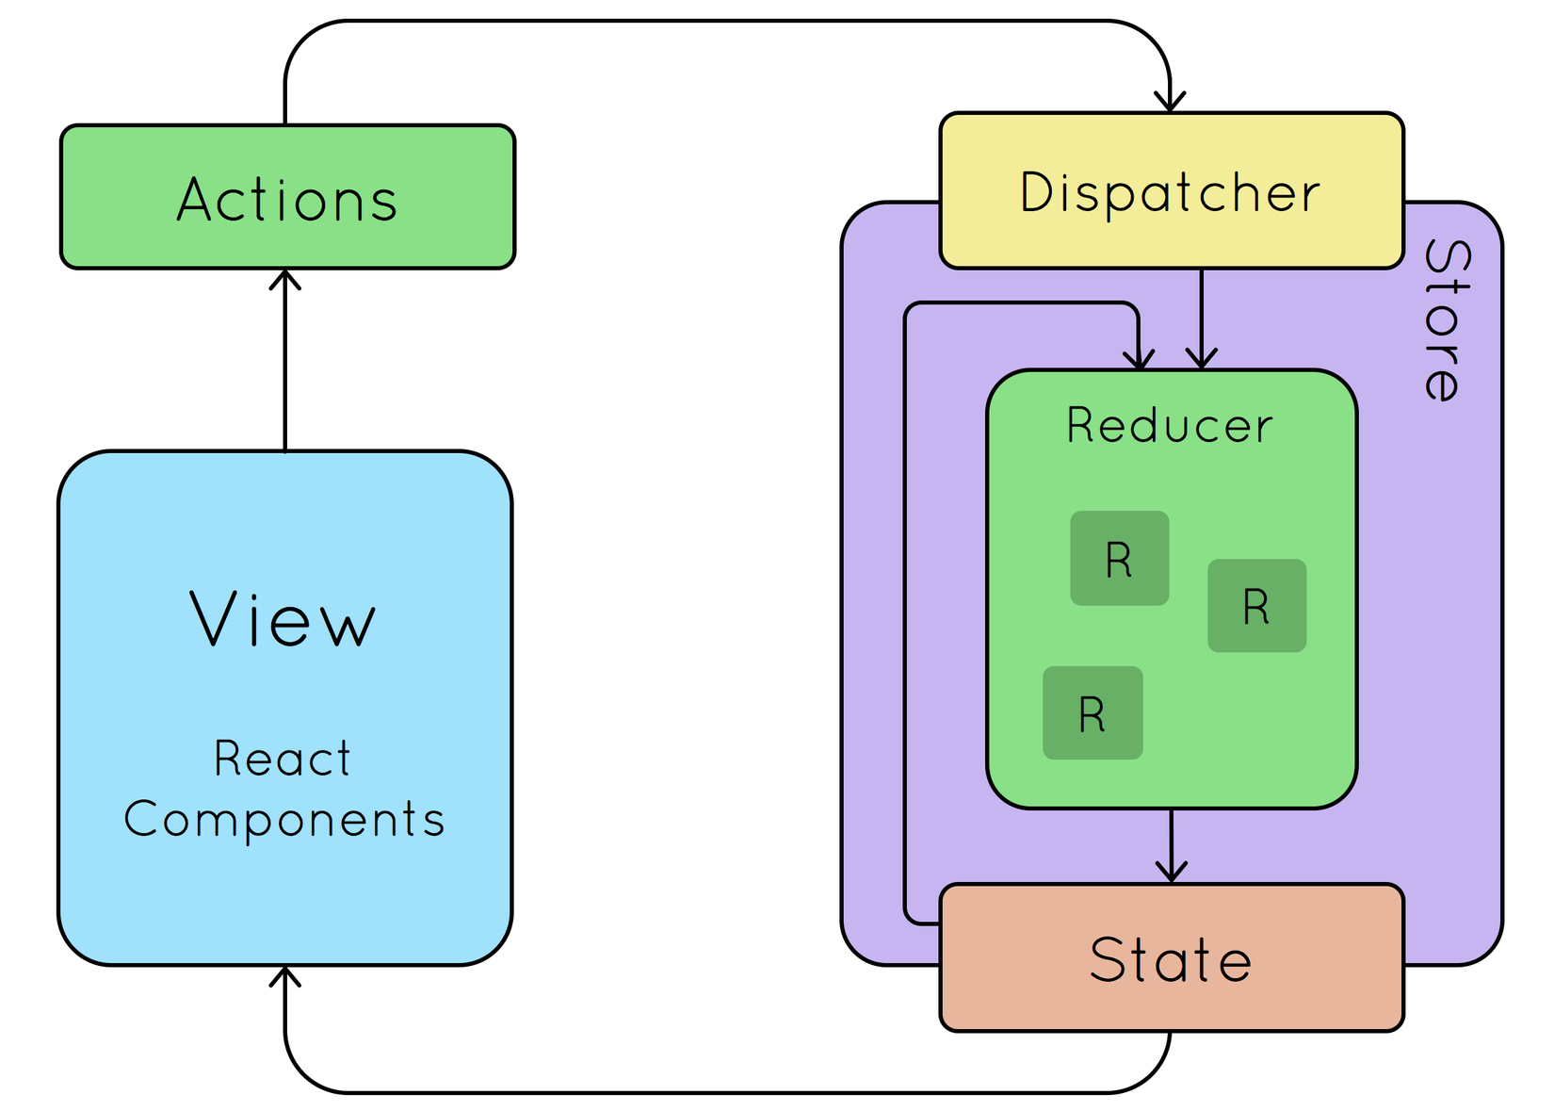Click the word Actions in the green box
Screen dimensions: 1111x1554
click(287, 200)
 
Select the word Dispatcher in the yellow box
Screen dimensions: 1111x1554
click(1170, 193)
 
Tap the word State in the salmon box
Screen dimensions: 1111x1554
click(1170, 960)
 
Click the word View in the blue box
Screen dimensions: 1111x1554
click(283, 619)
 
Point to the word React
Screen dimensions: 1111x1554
click(283, 759)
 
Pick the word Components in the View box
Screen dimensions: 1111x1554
click(283, 819)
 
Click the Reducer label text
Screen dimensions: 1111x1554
click(1169, 425)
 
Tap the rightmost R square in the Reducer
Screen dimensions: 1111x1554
click(1256, 606)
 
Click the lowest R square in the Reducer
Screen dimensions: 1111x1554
click(1093, 713)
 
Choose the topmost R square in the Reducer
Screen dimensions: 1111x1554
click(1119, 559)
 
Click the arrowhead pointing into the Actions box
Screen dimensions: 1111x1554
click(285, 279)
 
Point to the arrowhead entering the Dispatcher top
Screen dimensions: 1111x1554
click(1170, 102)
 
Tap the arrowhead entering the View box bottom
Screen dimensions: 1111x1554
click(285, 976)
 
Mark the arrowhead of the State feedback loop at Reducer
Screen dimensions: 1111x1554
click(1139, 359)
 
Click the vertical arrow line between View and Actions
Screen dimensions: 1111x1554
click(285, 368)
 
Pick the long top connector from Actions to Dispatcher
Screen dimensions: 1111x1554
click(725, 21)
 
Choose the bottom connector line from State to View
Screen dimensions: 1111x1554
click(725, 1092)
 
